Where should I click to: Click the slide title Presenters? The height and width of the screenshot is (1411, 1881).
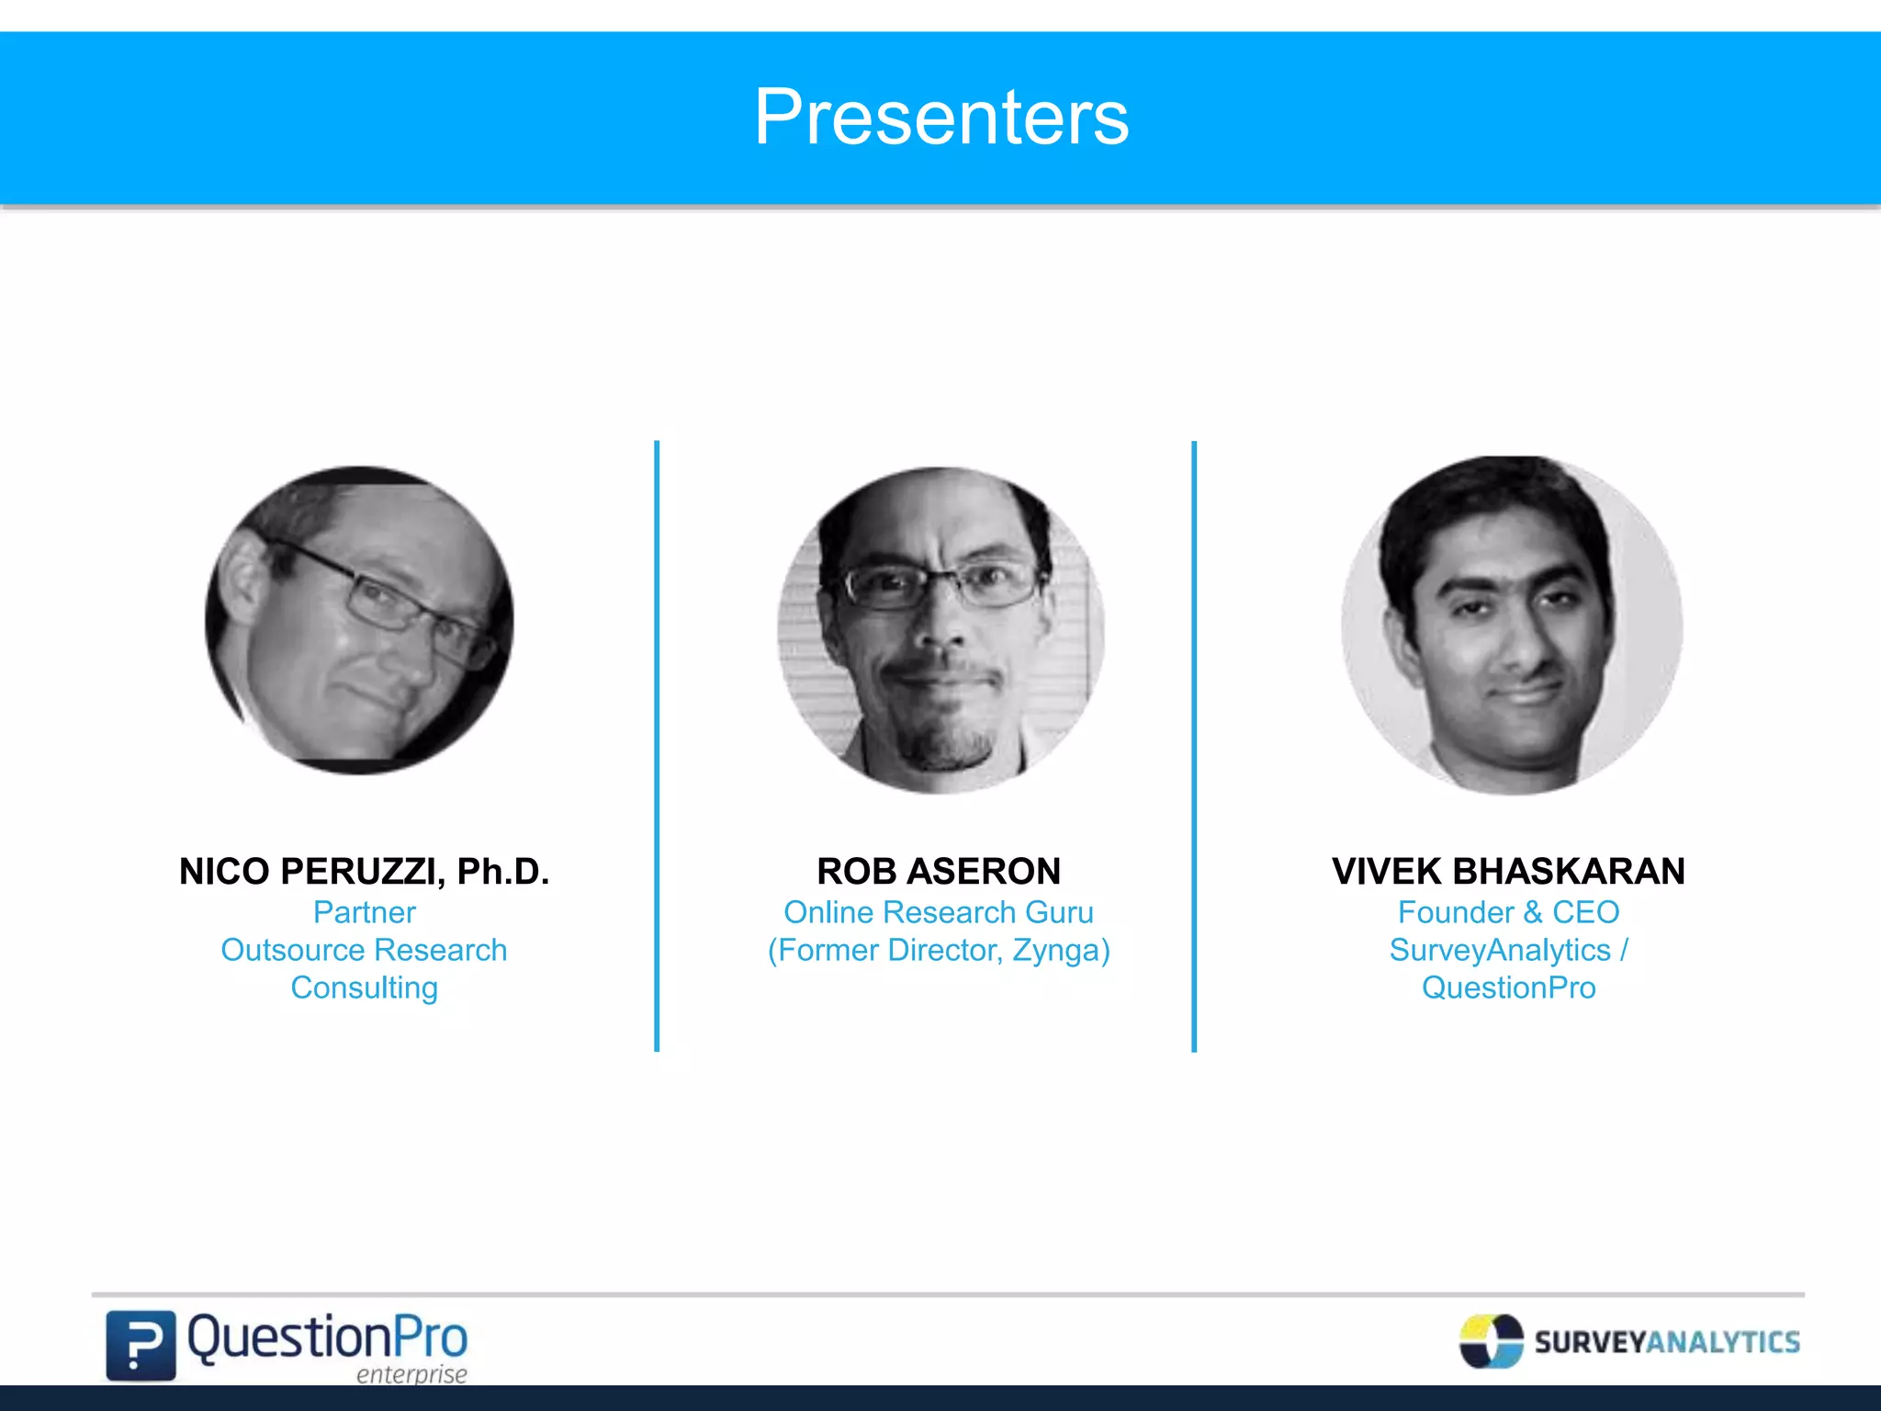940,118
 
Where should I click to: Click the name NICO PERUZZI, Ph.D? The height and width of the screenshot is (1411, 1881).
364,871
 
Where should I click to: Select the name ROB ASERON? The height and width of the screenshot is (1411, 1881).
939,871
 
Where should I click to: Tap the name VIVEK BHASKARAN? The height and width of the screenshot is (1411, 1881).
1508,871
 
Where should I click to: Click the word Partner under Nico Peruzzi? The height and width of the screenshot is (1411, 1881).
364,912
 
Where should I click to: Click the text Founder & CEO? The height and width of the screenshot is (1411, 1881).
1508,912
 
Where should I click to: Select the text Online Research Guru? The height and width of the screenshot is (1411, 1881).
939,912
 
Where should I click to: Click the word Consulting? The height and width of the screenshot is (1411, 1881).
364,988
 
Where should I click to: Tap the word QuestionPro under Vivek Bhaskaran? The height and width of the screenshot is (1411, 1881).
1508,988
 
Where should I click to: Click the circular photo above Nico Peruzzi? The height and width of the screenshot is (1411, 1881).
359,620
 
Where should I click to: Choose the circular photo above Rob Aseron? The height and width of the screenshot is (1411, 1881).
940,629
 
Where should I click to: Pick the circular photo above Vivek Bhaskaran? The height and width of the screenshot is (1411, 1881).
1512,626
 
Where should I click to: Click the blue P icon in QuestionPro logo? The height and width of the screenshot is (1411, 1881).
141,1345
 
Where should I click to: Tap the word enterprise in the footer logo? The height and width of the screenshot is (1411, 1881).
411,1374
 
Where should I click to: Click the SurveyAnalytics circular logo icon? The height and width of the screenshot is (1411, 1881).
1491,1341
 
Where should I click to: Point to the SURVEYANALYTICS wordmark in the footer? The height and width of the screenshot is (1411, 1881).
1666,1342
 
